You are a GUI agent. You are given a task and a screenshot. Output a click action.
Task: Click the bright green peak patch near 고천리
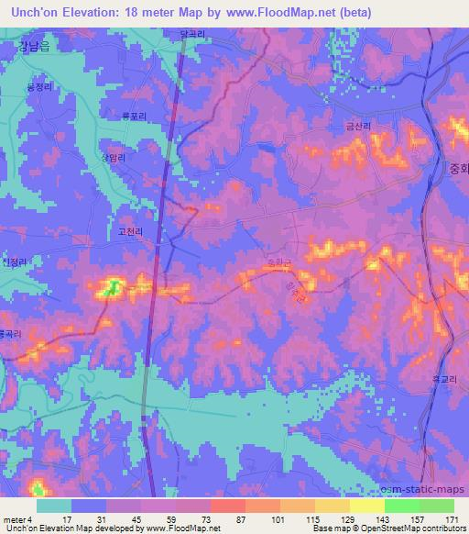[x=113, y=287]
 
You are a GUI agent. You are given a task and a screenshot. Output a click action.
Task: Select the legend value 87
[x=239, y=519]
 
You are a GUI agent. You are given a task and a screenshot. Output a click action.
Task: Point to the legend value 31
[x=91, y=519]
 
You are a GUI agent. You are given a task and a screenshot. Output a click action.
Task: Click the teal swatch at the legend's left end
[x=53, y=506]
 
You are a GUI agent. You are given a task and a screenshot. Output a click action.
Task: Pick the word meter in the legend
[x=13, y=519]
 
